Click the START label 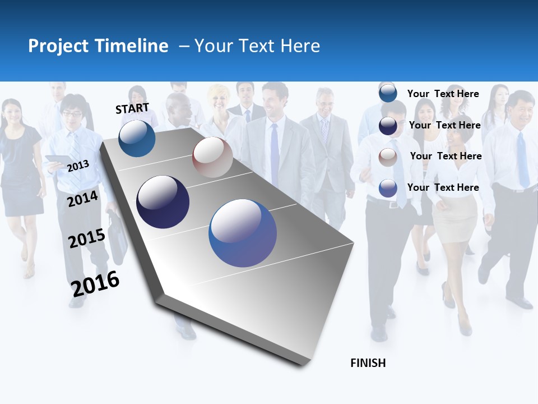tap(132, 108)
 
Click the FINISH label tap(368, 363)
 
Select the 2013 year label tap(78, 166)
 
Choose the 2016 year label tap(95, 284)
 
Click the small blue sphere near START tap(137, 138)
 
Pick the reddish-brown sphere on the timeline tap(212, 157)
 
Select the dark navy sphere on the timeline tap(163, 202)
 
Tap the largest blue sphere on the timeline tap(243, 233)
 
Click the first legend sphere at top tap(388, 94)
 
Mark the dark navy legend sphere tap(388, 126)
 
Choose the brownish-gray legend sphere tap(388, 157)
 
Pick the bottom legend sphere tap(388, 189)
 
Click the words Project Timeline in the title tap(98, 46)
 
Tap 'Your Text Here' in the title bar tap(257, 46)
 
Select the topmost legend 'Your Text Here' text tap(443, 94)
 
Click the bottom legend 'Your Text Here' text tap(443, 187)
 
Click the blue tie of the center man tap(275, 155)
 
